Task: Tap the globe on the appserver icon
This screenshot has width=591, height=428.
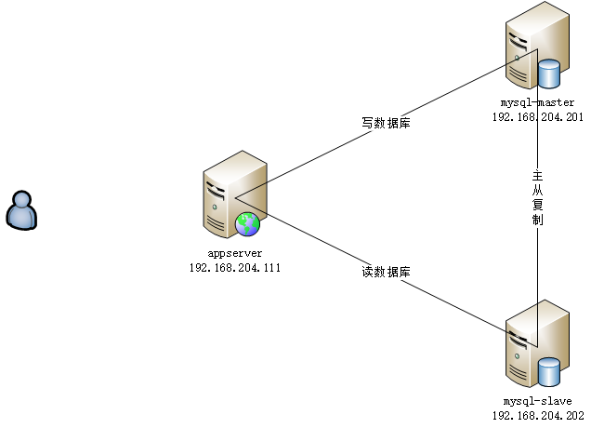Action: click(247, 223)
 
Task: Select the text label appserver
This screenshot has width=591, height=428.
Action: click(234, 252)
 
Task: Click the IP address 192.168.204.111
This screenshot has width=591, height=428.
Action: click(234, 267)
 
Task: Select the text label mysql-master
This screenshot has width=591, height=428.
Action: click(537, 102)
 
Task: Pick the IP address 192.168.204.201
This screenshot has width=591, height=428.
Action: click(537, 117)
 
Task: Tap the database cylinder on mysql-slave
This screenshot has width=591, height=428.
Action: click(548, 371)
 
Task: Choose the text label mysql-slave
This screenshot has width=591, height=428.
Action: click(537, 401)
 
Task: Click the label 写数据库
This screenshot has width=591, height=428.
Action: click(386, 122)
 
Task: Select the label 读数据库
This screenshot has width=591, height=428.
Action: click(386, 273)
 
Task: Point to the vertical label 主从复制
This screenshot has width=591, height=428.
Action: click(537, 197)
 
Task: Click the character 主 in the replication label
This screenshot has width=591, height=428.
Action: click(537, 175)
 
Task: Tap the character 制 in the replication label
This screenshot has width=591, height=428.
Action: click(537, 221)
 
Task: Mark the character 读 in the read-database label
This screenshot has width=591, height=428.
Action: click(368, 273)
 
